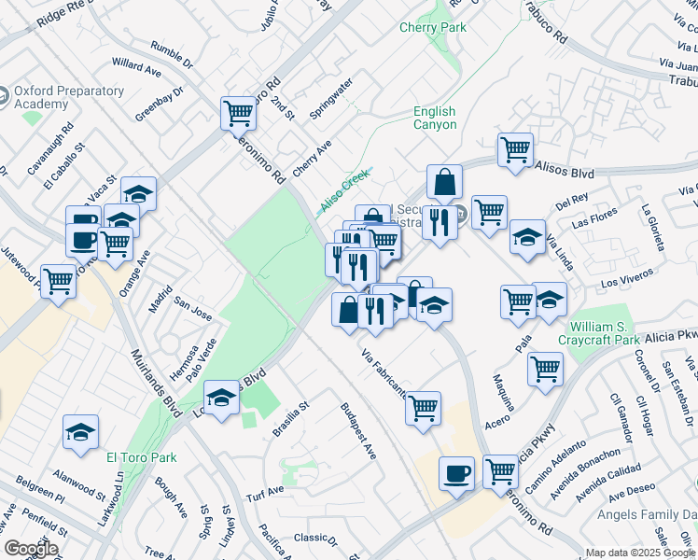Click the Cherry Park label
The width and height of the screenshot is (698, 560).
tap(433, 28)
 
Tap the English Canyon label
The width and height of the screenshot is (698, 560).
tap(435, 119)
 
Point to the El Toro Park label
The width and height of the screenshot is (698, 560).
tap(142, 457)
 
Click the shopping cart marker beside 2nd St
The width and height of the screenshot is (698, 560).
tap(239, 114)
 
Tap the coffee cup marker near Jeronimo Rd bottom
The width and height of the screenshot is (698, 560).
tap(456, 472)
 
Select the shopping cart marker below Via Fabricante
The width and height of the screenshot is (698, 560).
tap(424, 407)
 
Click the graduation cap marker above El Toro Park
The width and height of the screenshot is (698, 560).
tap(81, 432)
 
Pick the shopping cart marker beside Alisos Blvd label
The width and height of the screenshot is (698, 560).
tap(515, 148)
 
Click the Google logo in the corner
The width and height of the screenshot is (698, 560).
tap(31, 549)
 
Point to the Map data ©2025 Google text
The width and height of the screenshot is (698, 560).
tap(639, 553)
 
